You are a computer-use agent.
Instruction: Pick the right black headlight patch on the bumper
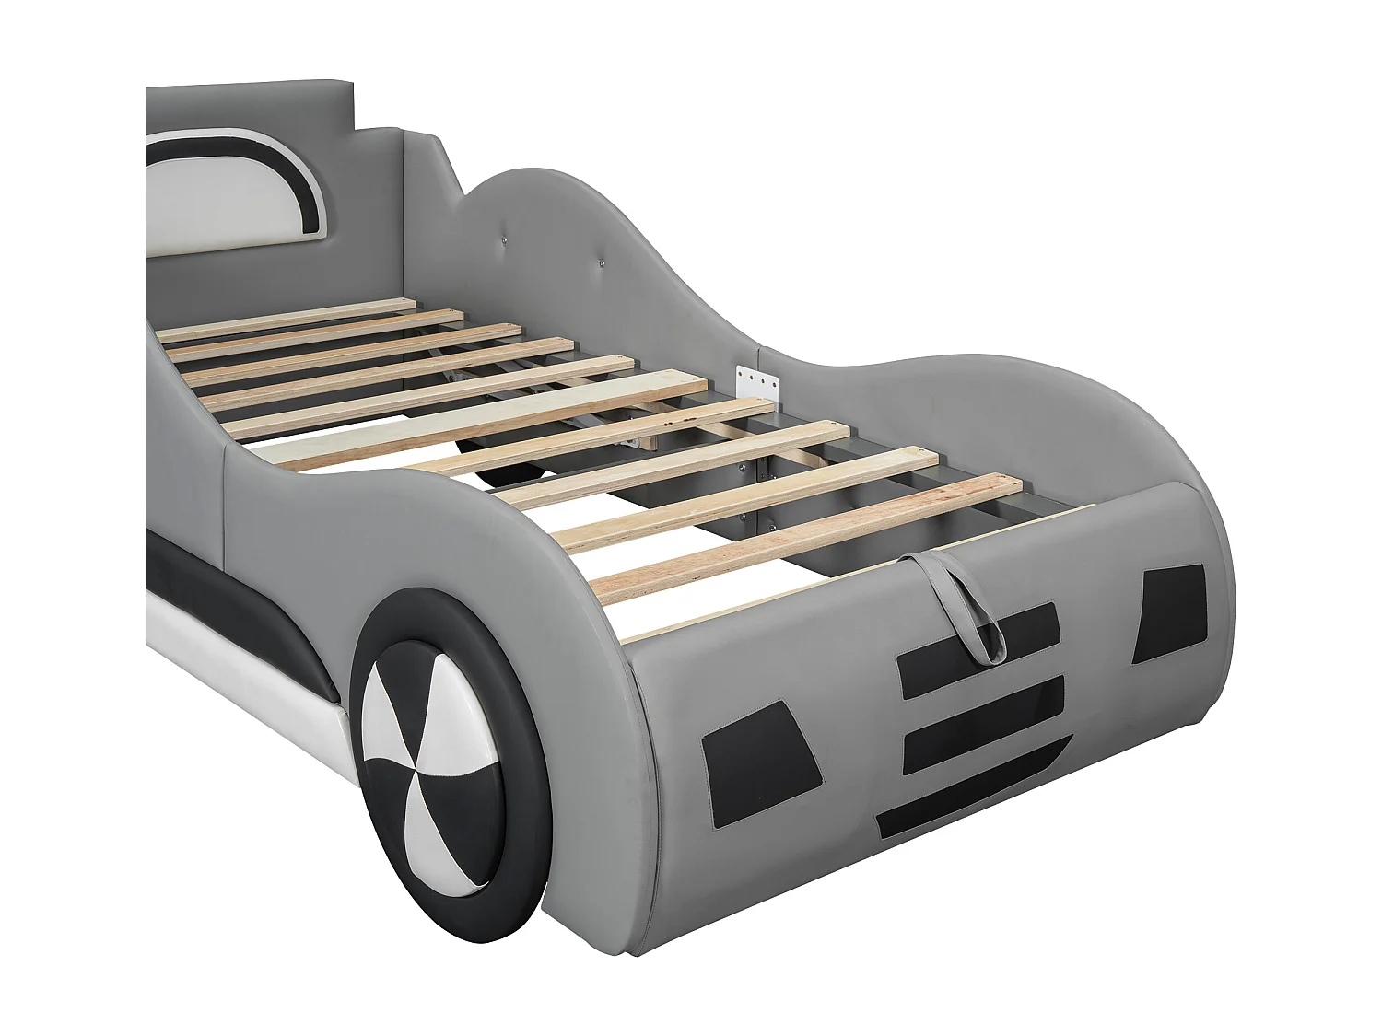[1169, 612]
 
